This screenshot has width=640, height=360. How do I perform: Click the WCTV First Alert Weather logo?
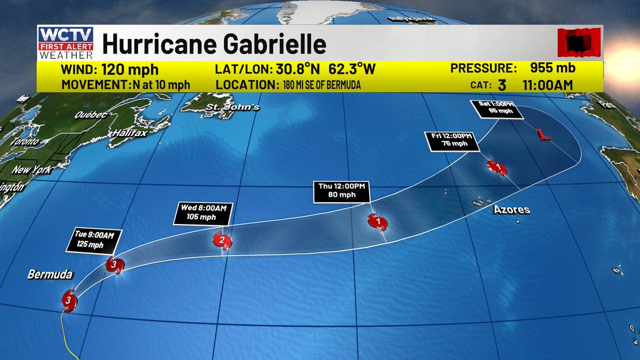(x=66, y=43)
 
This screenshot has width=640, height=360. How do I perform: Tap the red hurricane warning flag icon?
(x=579, y=43)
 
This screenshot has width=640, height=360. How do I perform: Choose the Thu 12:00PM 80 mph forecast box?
(x=341, y=191)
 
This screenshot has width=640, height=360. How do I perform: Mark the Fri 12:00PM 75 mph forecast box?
(x=449, y=141)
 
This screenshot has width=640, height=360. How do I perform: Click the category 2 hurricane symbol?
(x=222, y=241)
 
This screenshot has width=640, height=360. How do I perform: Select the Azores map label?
(x=511, y=210)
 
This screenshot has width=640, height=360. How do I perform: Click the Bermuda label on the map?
(x=50, y=275)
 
